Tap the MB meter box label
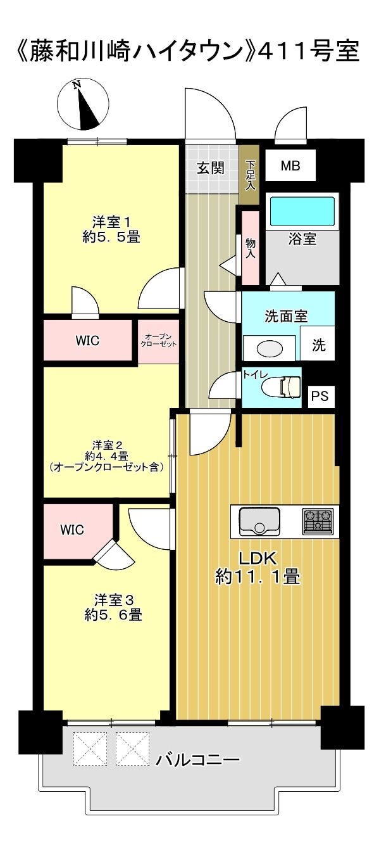(290, 165)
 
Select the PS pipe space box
(321, 397)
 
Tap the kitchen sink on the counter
(259, 521)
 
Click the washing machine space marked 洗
(318, 343)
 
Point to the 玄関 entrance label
(211, 168)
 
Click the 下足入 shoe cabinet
(249, 175)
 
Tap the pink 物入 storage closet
(250, 248)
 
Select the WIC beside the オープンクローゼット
(88, 340)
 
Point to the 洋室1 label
(112, 221)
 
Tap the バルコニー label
(198, 760)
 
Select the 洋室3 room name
(113, 601)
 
